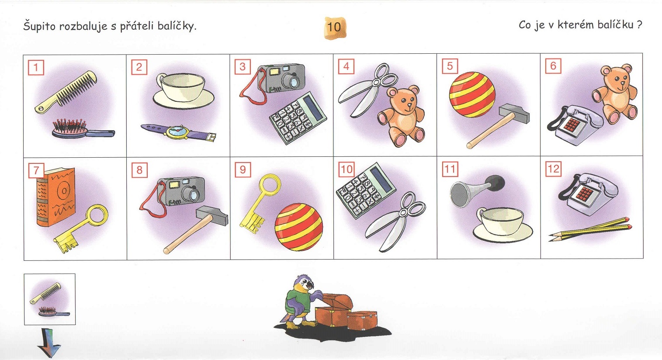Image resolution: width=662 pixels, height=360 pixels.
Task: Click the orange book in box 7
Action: coord(55,197)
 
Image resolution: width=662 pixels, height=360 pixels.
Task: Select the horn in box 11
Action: coord(477,190)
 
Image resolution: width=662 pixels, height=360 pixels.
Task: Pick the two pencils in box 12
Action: coord(590,229)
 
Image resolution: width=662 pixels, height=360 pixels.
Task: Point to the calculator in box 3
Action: coord(298,118)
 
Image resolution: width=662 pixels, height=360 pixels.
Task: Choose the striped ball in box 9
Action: coord(299,227)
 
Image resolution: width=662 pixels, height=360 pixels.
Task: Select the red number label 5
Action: coord(450,66)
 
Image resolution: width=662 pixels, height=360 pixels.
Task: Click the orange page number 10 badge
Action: coord(335,28)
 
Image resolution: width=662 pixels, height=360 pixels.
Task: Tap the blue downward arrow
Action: coord(49,342)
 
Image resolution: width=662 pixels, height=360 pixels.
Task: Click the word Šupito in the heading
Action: coord(40,26)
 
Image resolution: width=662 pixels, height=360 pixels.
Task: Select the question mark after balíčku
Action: coord(640,24)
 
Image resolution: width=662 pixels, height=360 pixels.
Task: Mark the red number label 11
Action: coord(450,169)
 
